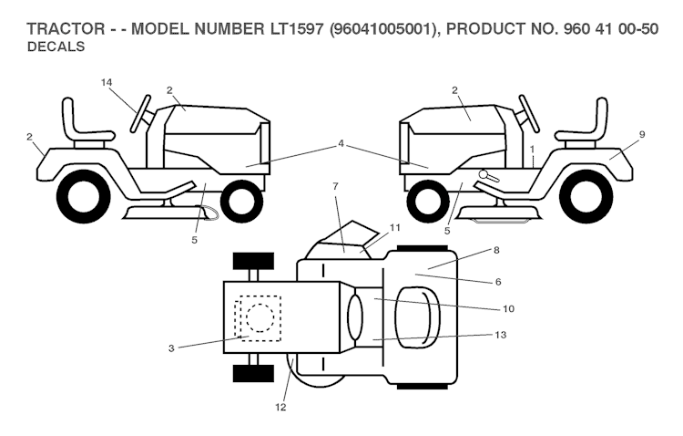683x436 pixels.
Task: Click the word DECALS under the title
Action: coord(57,47)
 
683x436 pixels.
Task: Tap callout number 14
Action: coord(107,83)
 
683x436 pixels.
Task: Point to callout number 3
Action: coord(172,347)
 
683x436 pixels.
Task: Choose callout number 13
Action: coord(500,337)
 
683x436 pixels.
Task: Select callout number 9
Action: coord(641,134)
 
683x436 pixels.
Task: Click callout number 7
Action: coord(335,187)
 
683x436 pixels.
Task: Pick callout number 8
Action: coord(496,248)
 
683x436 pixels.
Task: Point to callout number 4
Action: coord(341,143)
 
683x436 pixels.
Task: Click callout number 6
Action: coord(498,282)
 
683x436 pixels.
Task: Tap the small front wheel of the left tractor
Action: coord(240,202)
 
